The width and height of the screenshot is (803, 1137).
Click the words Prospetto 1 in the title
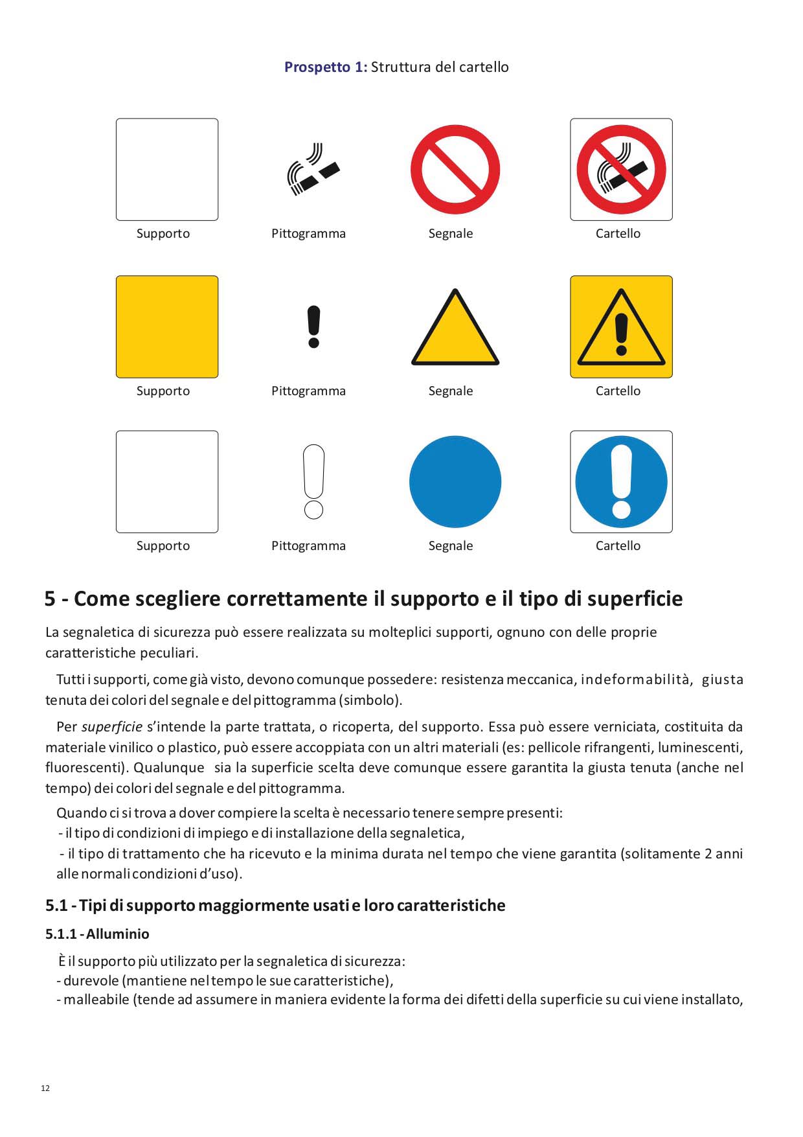pyautogui.click(x=325, y=67)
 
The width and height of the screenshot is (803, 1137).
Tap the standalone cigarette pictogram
pyautogui.click(x=313, y=170)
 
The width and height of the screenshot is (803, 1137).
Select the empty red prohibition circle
pyautogui.click(x=455, y=170)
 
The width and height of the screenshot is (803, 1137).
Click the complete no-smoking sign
pyautogui.click(x=621, y=170)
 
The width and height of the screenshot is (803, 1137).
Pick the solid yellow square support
pyautogui.click(x=167, y=327)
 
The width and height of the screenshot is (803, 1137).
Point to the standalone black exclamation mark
pyautogui.click(x=313, y=327)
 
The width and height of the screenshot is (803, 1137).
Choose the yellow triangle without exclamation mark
pyautogui.click(x=455, y=330)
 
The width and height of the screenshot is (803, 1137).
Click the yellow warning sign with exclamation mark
pyautogui.click(x=621, y=327)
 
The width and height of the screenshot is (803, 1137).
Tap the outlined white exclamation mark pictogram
pyautogui.click(x=313, y=481)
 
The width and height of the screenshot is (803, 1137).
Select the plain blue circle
pyautogui.click(x=455, y=481)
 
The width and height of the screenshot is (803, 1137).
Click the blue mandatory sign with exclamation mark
pyautogui.click(x=621, y=481)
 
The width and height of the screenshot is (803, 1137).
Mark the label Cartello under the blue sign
pyautogui.click(x=618, y=546)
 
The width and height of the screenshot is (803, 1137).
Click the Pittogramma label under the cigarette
pyautogui.click(x=308, y=233)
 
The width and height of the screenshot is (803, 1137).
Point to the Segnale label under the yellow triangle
pyautogui.click(x=451, y=391)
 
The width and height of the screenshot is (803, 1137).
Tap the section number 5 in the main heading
pyautogui.click(x=50, y=599)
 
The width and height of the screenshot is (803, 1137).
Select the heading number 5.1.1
pyautogui.click(x=61, y=934)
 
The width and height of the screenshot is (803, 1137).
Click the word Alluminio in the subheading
pyautogui.click(x=118, y=934)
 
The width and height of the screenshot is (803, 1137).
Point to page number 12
pyautogui.click(x=45, y=1088)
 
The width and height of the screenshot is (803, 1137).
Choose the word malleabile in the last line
pyautogui.click(x=96, y=1000)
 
